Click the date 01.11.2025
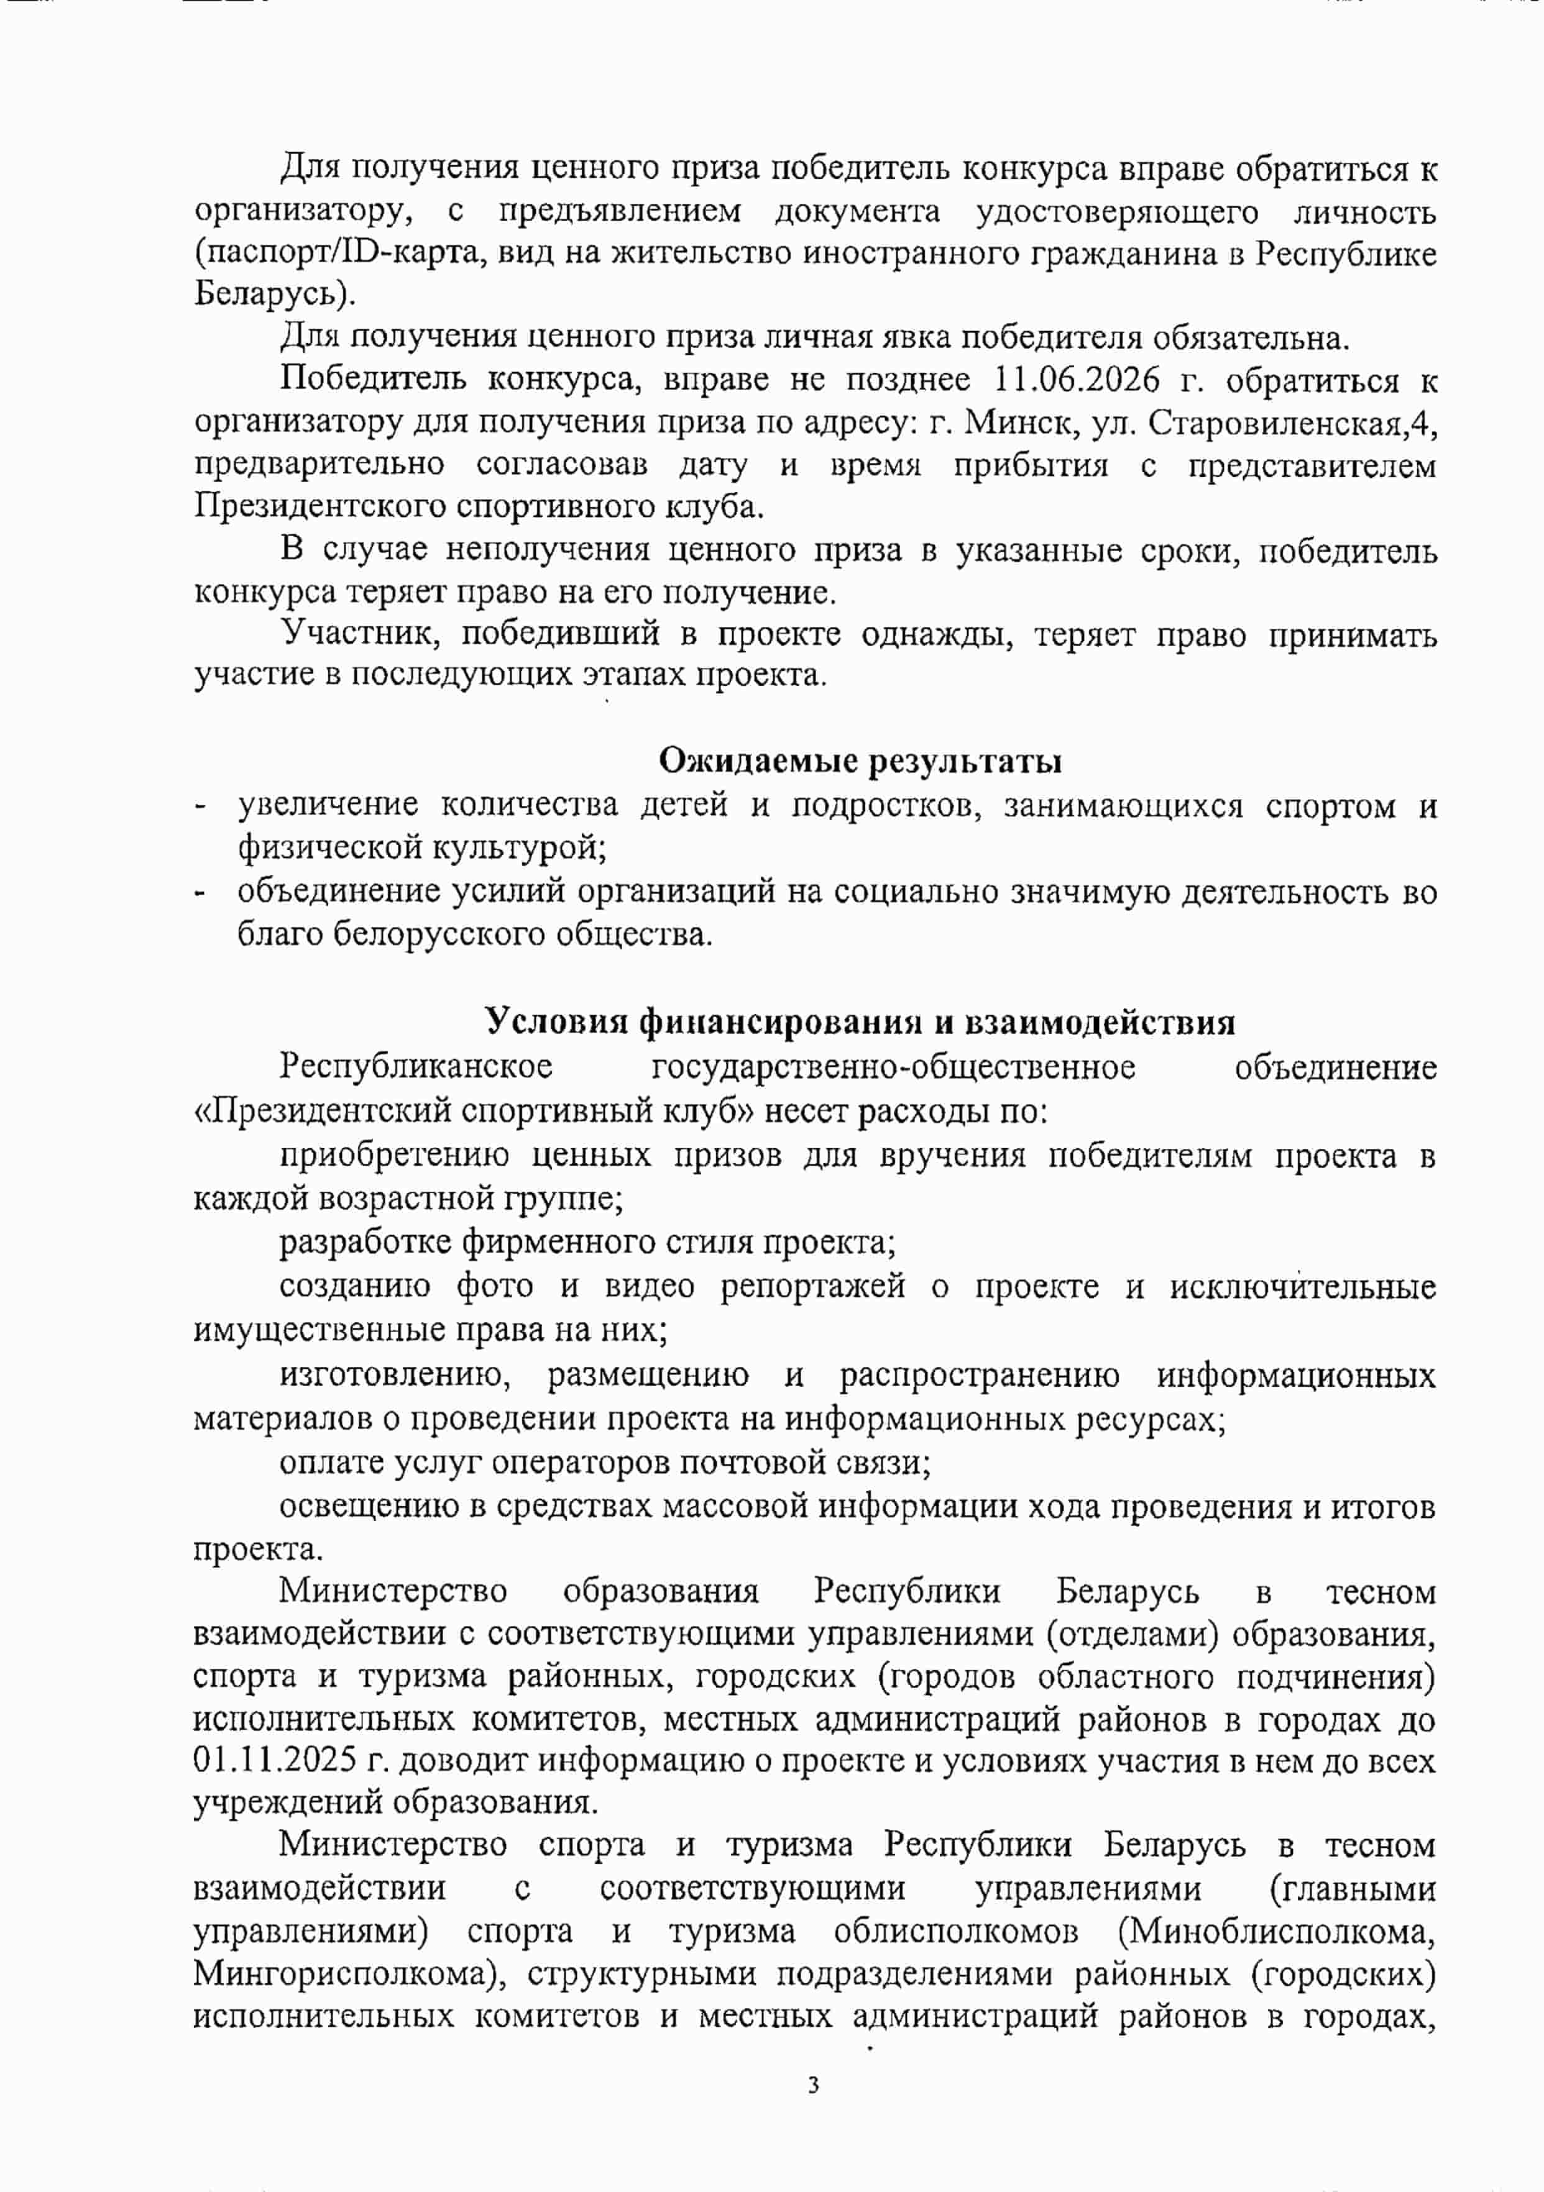[x=275, y=1760]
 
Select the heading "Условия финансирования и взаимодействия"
[x=860, y=1021]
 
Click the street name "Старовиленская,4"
[x=1292, y=422]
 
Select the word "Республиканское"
[x=415, y=1066]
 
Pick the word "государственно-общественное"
[x=893, y=1066]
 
